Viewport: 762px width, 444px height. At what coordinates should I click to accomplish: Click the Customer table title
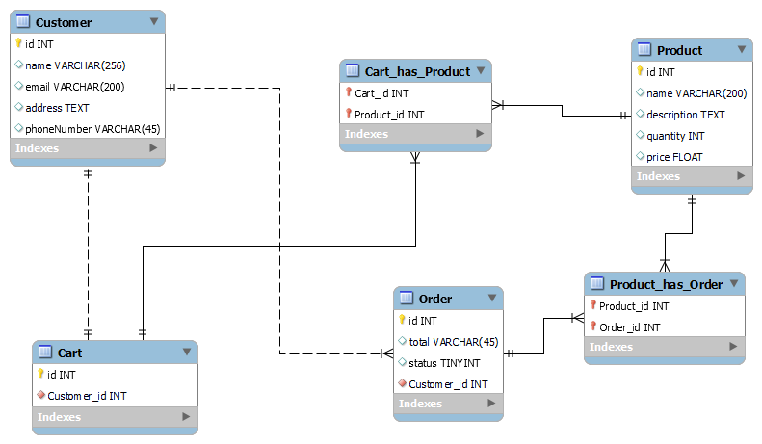[x=64, y=22]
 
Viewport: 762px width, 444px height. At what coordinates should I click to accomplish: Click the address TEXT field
[x=57, y=108]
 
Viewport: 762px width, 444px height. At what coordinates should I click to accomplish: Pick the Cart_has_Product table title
[x=417, y=71]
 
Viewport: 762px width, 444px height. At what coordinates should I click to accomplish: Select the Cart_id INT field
[x=381, y=93]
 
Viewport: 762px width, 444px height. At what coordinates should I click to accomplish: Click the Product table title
[x=679, y=50]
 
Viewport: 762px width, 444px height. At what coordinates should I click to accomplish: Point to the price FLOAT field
[x=674, y=157]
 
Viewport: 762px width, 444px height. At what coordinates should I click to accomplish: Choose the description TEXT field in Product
[x=685, y=115]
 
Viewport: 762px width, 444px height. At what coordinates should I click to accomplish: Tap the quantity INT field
[x=675, y=136]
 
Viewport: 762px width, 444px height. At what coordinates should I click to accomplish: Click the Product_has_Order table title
[x=667, y=284]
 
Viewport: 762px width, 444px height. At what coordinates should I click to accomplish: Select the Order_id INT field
[x=629, y=327]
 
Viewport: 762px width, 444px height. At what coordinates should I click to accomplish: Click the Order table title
[x=435, y=299]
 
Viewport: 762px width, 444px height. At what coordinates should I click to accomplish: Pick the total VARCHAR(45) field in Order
[x=453, y=342]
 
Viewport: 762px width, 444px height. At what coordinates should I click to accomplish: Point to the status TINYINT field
[x=444, y=363]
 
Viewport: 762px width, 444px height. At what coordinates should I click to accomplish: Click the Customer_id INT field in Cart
[x=87, y=396]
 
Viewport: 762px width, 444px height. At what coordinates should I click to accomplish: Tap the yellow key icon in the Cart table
[x=41, y=375]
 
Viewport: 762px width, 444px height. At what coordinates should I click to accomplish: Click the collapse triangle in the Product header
[x=741, y=49]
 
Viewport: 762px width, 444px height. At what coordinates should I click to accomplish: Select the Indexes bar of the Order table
[x=448, y=405]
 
